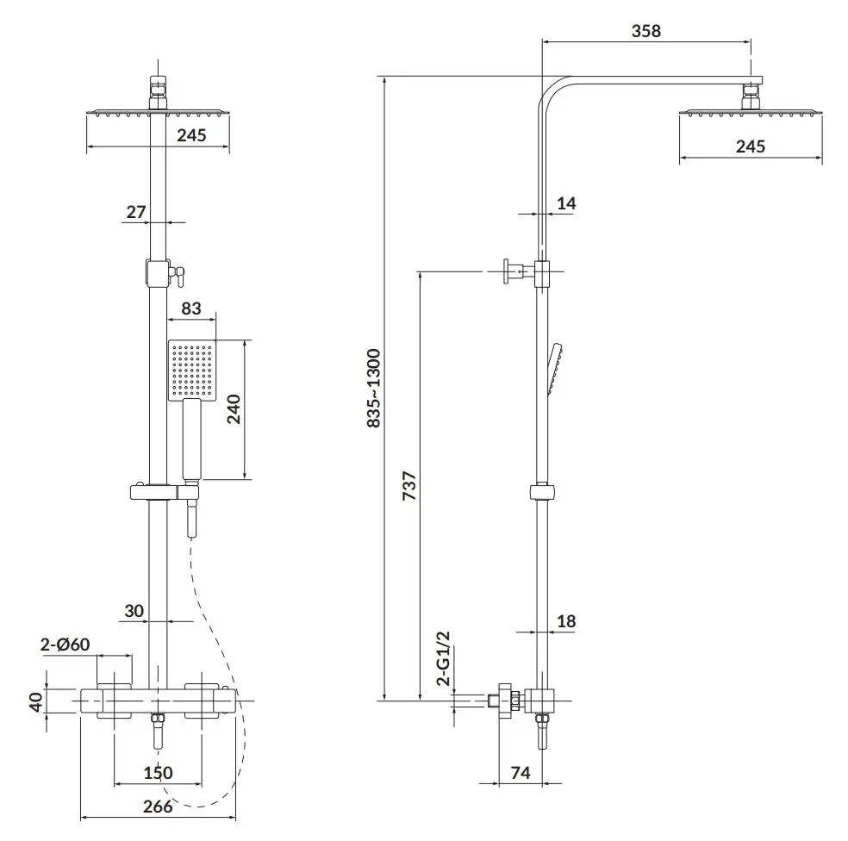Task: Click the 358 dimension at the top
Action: click(645, 31)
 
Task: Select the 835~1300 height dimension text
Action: click(374, 389)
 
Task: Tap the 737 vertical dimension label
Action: click(409, 485)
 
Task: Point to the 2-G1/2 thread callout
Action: click(444, 658)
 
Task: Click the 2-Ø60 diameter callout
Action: click(65, 645)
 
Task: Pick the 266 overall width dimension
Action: click(158, 807)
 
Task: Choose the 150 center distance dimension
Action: click(158, 772)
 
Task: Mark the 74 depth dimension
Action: click(521, 772)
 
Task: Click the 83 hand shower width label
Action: click(191, 308)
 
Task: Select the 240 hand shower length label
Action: click(233, 409)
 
